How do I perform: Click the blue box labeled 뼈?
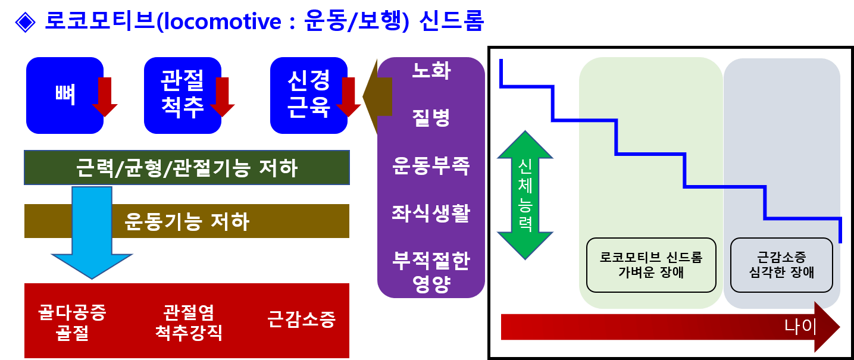click(x=60, y=95)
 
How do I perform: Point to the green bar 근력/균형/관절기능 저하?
click(x=186, y=168)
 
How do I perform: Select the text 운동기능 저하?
click(x=187, y=221)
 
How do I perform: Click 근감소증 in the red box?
click(x=301, y=320)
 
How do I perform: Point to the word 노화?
click(x=431, y=71)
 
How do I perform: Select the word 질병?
click(x=431, y=117)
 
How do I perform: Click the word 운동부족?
click(x=431, y=165)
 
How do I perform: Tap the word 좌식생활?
click(x=431, y=212)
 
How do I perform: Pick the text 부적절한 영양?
click(x=431, y=271)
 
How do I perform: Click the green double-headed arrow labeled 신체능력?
click(x=525, y=195)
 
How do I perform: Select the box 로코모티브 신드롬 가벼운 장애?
click(x=650, y=265)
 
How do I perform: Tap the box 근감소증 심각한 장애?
click(x=781, y=265)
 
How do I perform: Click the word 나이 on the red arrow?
click(x=800, y=327)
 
